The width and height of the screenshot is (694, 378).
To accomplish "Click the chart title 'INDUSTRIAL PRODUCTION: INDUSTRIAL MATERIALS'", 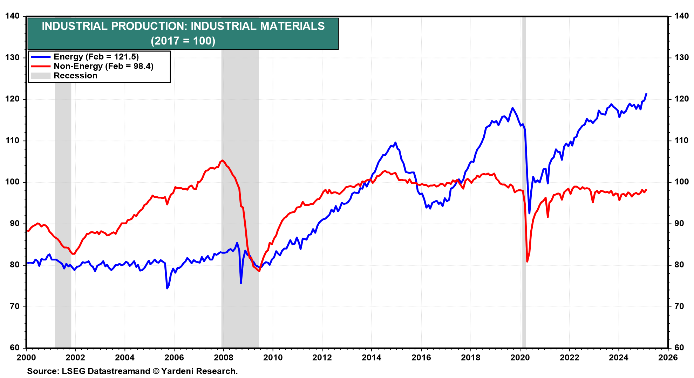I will [183, 26].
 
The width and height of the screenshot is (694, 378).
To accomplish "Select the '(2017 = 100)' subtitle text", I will [183, 41].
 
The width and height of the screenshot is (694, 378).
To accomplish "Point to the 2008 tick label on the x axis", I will [223, 357].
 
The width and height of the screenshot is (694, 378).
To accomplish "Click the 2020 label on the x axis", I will [520, 357].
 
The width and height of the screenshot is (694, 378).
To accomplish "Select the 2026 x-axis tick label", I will [668, 357].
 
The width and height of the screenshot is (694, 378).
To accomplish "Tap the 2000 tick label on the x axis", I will [26, 357].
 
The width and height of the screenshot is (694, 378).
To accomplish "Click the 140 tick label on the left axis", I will [12, 16].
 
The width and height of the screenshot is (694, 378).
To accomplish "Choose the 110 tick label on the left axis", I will [12, 141].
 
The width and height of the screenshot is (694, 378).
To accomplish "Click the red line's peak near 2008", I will [223, 160].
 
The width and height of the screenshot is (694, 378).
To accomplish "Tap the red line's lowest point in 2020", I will [527, 261].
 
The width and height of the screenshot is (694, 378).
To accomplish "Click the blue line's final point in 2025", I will [646, 93].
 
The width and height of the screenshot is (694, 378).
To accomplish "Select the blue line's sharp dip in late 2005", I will [167, 288].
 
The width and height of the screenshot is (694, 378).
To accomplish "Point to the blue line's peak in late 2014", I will [395, 142].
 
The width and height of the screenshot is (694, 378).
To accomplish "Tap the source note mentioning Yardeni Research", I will [132, 371].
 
